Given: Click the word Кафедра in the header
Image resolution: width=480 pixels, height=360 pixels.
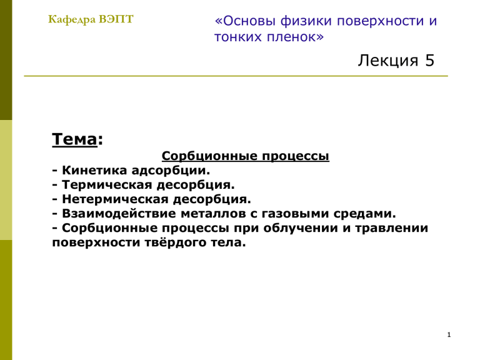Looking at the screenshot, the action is [72, 19].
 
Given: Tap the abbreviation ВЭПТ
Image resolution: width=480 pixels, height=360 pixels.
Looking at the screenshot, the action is [116, 19].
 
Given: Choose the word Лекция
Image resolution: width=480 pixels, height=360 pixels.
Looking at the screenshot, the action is [388, 60].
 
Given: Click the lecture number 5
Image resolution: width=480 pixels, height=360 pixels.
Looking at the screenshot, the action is [429, 60].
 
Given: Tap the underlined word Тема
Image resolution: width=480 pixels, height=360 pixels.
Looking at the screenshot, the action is [74, 139].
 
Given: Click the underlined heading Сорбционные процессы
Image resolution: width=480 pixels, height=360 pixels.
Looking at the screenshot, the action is [246, 156].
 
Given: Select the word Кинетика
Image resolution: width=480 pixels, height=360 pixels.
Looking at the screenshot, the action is [94, 171].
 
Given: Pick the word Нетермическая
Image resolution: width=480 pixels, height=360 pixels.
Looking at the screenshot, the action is [115, 199].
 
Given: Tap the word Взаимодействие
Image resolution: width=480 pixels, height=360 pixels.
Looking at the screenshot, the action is [119, 214].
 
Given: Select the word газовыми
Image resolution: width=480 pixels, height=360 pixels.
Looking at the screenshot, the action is [295, 214].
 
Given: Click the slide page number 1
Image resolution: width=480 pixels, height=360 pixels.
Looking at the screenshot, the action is [449, 334].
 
